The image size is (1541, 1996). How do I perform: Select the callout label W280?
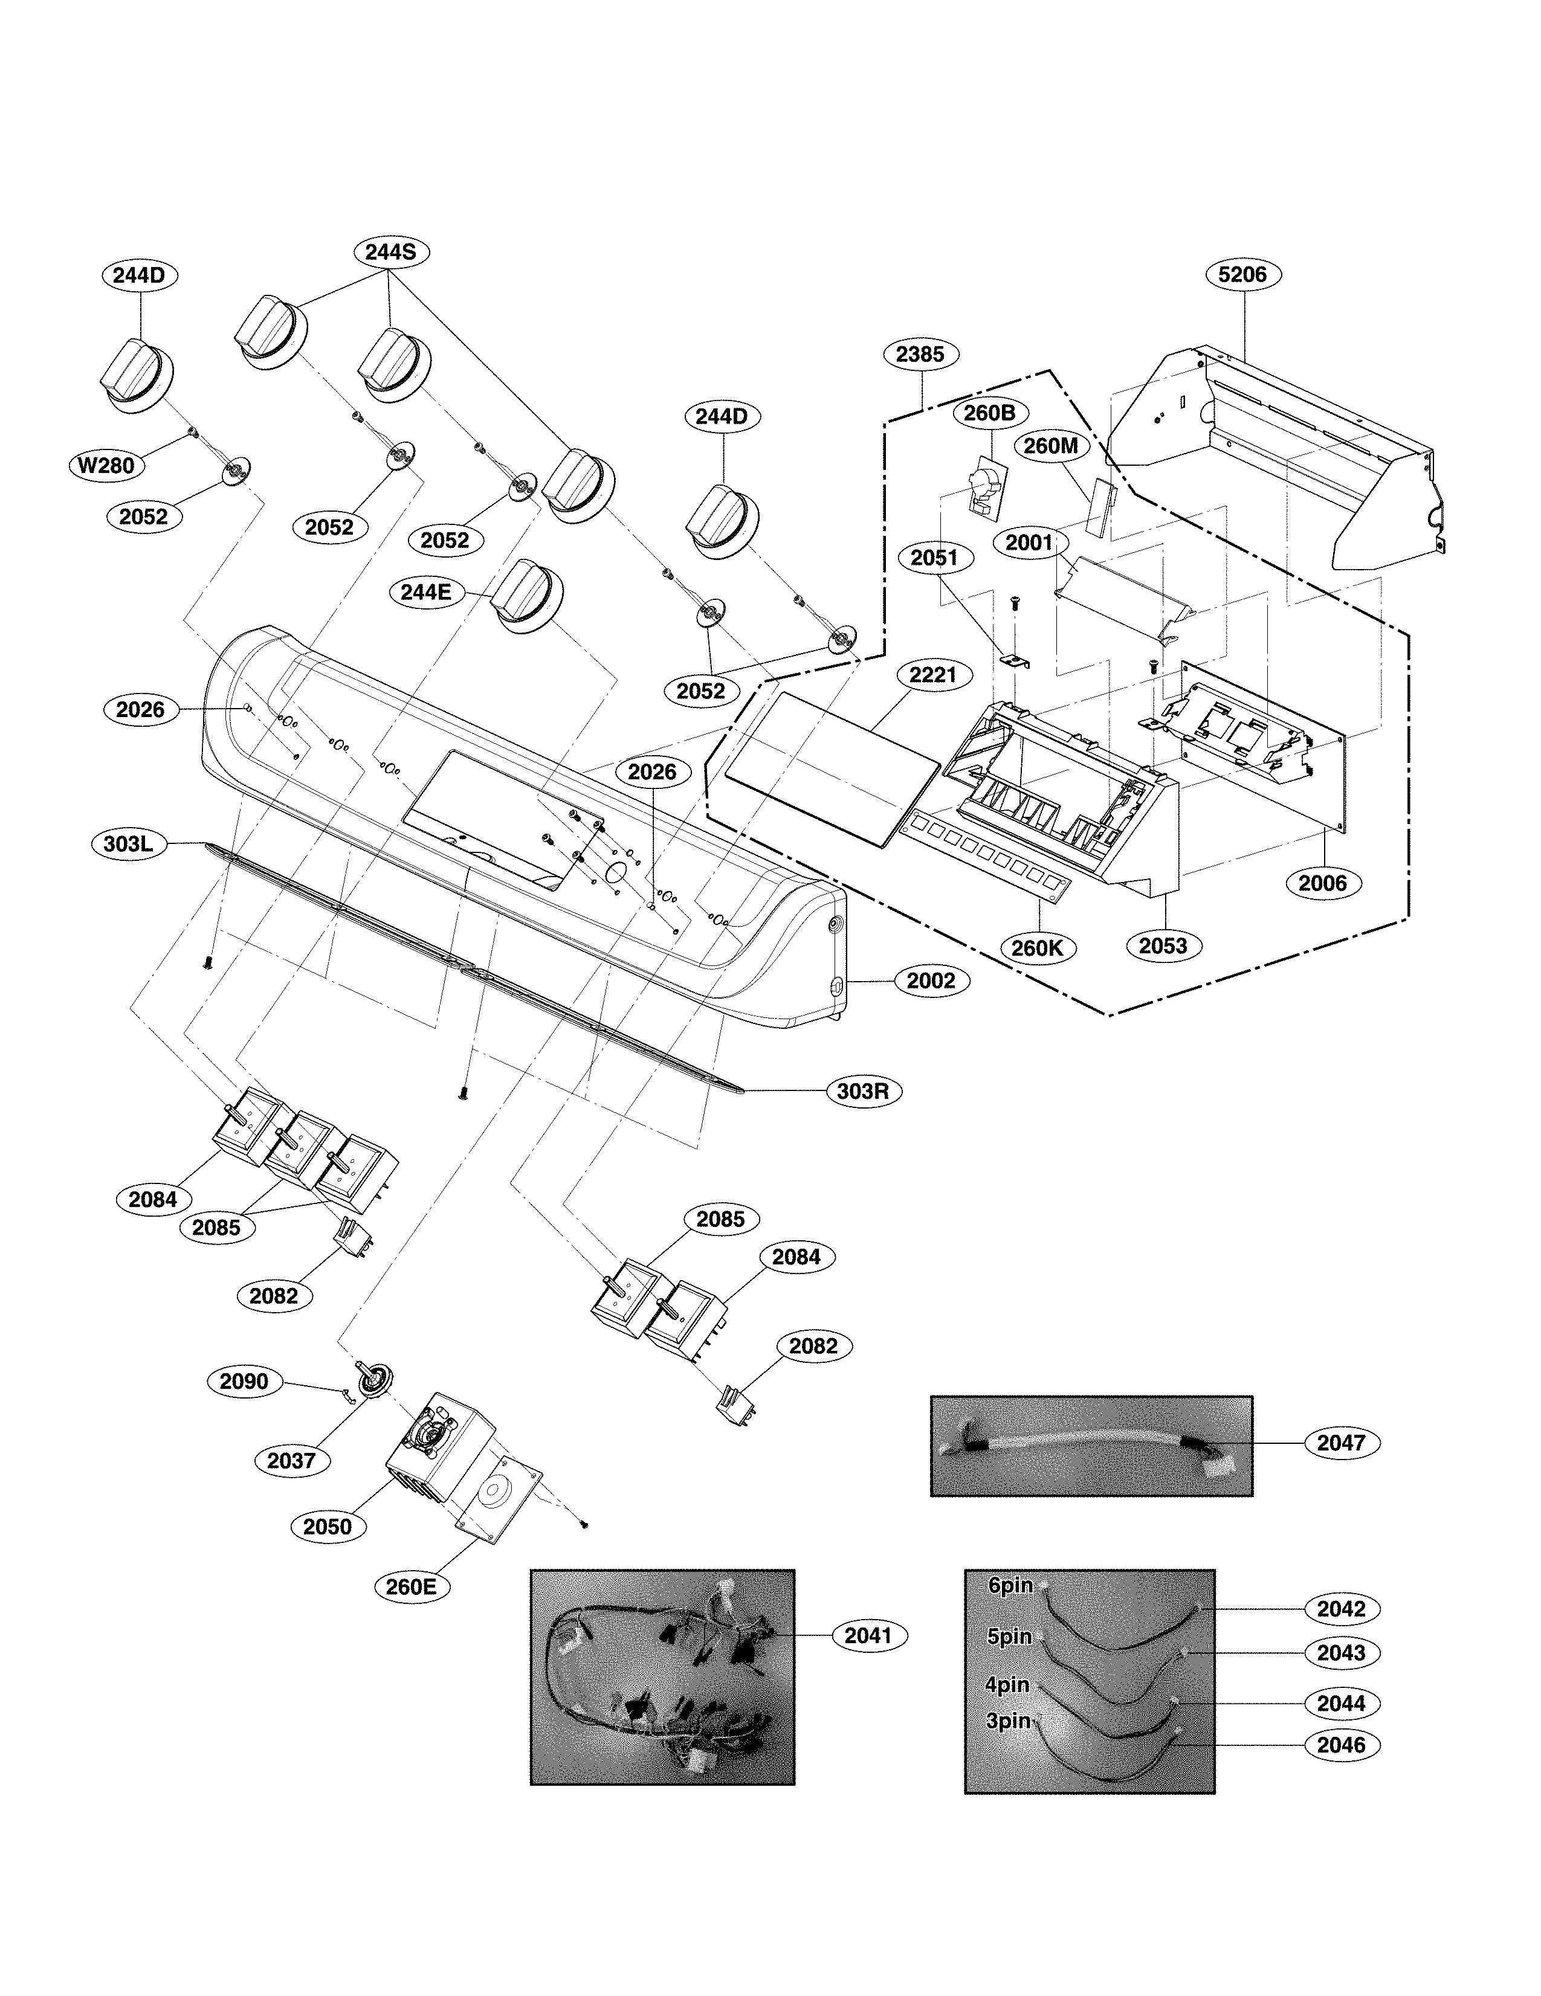click(x=106, y=465)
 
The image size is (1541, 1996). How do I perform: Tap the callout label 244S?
click(x=390, y=253)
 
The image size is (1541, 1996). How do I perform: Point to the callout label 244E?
click(x=426, y=592)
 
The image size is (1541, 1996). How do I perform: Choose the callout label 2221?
click(x=933, y=675)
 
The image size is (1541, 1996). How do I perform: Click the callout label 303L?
click(x=128, y=843)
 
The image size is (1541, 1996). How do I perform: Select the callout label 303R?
click(x=863, y=1091)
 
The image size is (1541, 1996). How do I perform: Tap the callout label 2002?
click(x=931, y=980)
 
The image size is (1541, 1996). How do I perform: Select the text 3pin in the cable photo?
click(x=1008, y=1721)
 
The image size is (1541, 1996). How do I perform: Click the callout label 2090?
click(x=244, y=1381)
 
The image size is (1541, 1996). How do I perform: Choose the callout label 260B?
click(x=989, y=413)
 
